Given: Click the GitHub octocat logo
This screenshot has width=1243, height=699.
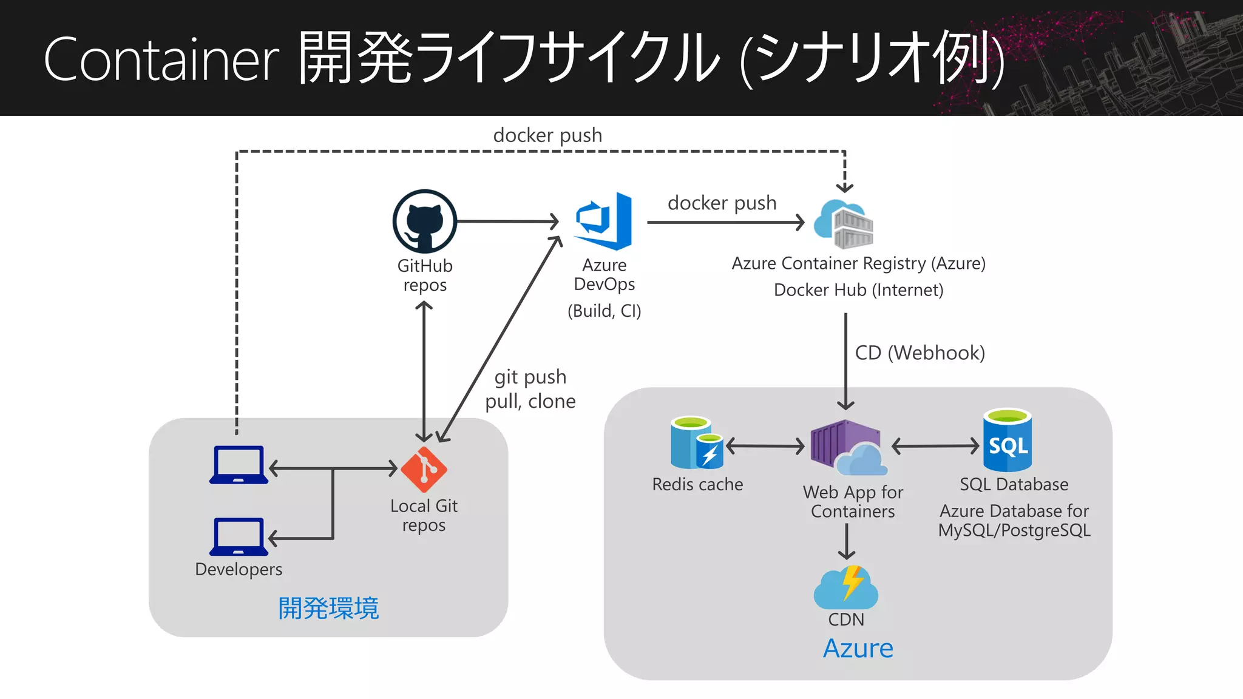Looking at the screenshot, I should click(424, 221).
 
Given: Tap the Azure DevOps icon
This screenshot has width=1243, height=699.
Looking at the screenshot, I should click(604, 221).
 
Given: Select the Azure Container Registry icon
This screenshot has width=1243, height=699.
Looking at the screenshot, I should click(844, 224).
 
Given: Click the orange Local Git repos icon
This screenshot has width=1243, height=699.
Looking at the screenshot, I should click(424, 469).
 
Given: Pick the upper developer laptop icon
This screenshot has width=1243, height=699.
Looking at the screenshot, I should click(239, 465).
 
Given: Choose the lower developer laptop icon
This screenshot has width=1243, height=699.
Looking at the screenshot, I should click(239, 536).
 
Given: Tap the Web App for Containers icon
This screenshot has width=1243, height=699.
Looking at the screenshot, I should click(847, 448).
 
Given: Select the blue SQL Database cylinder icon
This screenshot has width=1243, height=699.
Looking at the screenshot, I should click(1008, 441).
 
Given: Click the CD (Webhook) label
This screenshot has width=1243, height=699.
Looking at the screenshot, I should click(920, 353).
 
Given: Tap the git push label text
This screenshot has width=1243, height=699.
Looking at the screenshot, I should click(530, 377).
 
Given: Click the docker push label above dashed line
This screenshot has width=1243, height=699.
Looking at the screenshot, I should click(547, 135).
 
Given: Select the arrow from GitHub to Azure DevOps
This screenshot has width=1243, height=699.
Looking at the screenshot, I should click(507, 221).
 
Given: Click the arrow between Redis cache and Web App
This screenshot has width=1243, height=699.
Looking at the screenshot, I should click(765, 447).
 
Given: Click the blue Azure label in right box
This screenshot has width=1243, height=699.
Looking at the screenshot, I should click(858, 648).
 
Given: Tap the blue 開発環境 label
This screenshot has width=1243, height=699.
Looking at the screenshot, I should click(328, 608).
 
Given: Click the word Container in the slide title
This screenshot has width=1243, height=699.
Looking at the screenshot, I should click(161, 59).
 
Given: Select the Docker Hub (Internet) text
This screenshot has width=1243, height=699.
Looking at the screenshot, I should click(858, 290).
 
